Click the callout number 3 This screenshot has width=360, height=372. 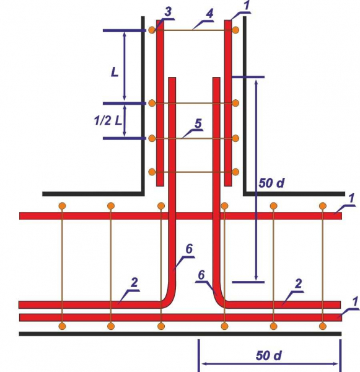tap(168, 12)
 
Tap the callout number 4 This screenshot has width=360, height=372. tap(209, 14)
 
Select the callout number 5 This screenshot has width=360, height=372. tap(198, 123)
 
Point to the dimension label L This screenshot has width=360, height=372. tap(115, 72)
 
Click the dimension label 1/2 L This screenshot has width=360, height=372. tap(108, 121)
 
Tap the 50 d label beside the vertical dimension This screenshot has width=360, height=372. tap(271, 183)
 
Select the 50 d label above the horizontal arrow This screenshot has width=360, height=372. tap(269, 356)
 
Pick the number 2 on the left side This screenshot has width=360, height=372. tap(134, 283)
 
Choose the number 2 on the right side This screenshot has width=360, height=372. tap(298, 284)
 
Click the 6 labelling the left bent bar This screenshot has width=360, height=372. tap(189, 249)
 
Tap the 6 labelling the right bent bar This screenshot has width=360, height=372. tap(201, 275)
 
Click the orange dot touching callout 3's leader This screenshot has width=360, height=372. tap(152, 30)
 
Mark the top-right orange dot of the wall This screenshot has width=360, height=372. tap(235, 30)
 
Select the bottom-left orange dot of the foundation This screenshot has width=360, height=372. tap(62, 326)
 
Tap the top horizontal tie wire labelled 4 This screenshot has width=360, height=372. tap(193, 30)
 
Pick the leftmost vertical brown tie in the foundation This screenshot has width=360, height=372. tap(62, 266)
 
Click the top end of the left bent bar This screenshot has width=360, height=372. tap(172, 77)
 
